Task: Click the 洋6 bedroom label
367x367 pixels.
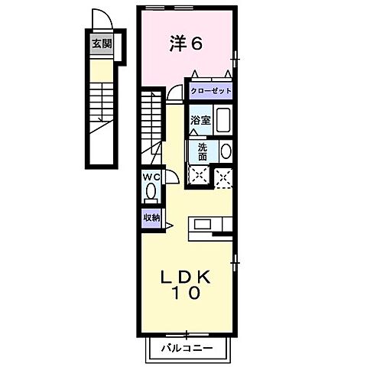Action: pyautogui.click(x=186, y=44)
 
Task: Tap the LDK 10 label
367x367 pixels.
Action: pyautogui.click(x=186, y=284)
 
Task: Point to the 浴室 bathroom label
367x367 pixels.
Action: pyautogui.click(x=201, y=120)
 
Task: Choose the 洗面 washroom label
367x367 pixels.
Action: pyautogui.click(x=203, y=151)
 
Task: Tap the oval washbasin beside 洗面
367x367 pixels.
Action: pyautogui.click(x=225, y=151)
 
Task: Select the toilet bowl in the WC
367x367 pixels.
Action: pyautogui.click(x=151, y=191)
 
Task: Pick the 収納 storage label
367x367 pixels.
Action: pyautogui.click(x=151, y=217)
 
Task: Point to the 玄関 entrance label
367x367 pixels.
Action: pyautogui.click(x=101, y=43)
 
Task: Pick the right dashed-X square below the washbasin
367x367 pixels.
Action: pyautogui.click(x=225, y=177)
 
